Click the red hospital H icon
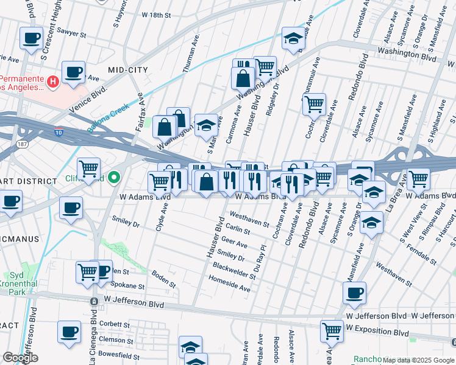coord(54,80)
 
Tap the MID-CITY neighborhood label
coord(128,70)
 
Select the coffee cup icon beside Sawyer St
coord(31,38)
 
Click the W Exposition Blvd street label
coord(377,333)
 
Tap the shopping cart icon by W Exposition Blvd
coord(332,332)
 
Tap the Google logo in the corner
coord(20,358)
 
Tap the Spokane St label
coord(130,285)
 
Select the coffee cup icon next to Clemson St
coord(69,332)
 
